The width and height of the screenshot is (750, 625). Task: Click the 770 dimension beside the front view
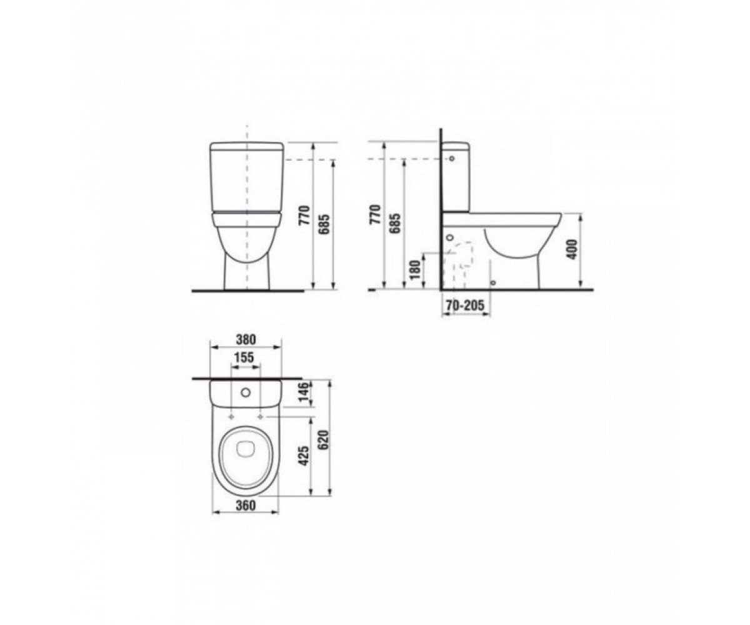[x=304, y=215]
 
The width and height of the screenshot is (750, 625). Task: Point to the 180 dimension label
[x=415, y=269]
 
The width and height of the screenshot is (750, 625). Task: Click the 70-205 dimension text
[x=465, y=306]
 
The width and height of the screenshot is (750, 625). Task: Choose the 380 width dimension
[x=246, y=339]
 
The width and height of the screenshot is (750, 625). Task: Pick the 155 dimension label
[x=244, y=357]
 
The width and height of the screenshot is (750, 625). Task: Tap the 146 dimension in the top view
[x=304, y=392]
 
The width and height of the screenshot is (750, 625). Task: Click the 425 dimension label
[x=304, y=456]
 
